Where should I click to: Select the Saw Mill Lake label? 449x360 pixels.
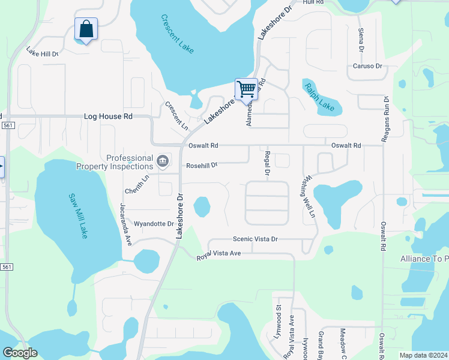pos(78,215)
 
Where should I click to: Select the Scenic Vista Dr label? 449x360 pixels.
pos(255,239)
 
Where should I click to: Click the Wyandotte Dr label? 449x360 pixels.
pos(154,223)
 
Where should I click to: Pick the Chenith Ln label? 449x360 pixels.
pos(136,183)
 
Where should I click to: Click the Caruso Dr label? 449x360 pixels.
pos(367,66)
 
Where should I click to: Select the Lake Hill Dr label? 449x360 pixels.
pos(41,53)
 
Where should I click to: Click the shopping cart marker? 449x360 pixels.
pos(246,89)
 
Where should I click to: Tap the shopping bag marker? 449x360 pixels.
pos(86,29)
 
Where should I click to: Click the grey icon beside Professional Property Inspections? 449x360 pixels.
pos(162,161)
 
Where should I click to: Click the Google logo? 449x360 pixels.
pos(20,353)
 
